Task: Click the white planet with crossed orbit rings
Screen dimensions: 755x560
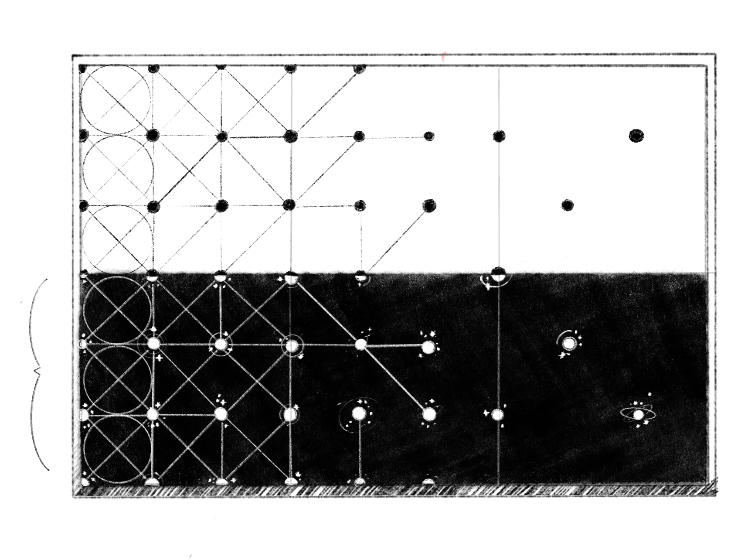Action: [638, 415]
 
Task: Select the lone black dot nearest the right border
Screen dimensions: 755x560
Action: [636, 136]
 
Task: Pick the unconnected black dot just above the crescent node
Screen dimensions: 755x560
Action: [567, 205]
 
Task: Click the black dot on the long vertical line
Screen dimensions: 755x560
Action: [499, 136]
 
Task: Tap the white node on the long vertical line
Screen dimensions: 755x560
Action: [498, 414]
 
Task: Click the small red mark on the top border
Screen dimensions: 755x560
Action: [444, 56]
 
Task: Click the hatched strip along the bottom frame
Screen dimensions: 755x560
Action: [392, 491]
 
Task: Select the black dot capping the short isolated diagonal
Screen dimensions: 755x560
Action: [430, 205]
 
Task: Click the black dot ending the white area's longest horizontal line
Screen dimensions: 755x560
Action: [429, 137]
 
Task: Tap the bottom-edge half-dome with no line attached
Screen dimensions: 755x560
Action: [429, 481]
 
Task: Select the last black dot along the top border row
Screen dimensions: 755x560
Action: [359, 69]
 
